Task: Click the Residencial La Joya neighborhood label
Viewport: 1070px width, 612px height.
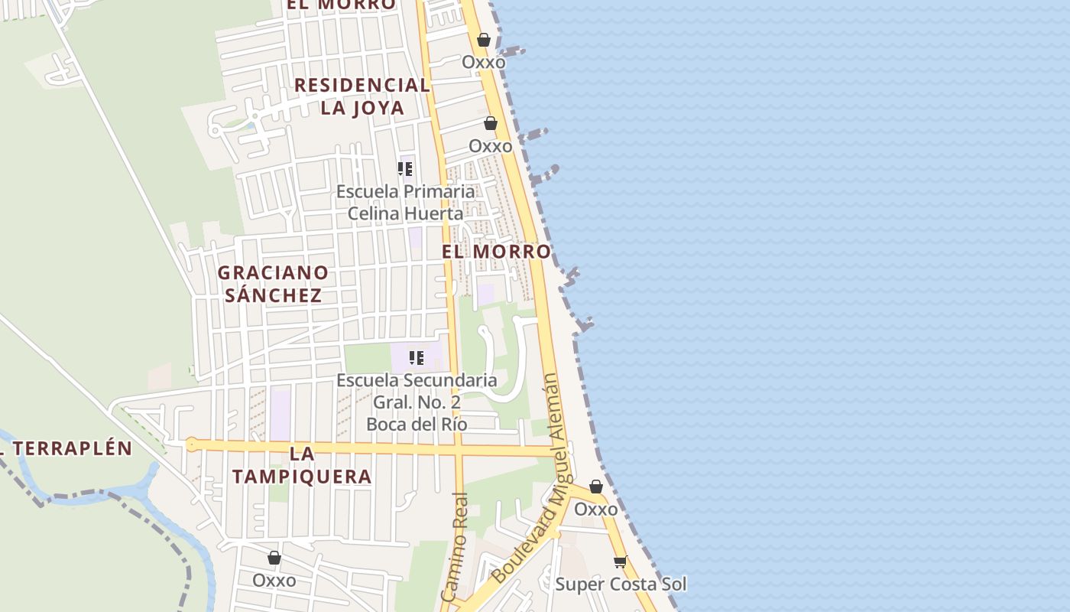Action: [x=362, y=96]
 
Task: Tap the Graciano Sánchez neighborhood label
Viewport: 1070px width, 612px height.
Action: [x=273, y=284]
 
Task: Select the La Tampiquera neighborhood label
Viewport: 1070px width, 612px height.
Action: [x=302, y=465]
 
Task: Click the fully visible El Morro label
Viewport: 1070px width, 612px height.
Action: [x=496, y=251]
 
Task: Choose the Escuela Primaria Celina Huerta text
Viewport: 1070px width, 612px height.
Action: [x=406, y=202]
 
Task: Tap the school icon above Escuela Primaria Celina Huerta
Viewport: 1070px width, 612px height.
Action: [x=405, y=168]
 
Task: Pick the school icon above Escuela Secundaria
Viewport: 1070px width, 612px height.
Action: [x=417, y=357]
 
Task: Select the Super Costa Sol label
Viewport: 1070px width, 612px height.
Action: [x=621, y=584]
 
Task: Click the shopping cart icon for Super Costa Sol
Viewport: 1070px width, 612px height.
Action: [x=621, y=562]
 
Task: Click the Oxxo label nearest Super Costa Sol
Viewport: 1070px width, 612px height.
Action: [x=595, y=509]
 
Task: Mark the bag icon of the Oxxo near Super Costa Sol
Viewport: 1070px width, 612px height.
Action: [x=596, y=487]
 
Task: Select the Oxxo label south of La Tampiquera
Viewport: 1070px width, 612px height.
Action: [x=274, y=580]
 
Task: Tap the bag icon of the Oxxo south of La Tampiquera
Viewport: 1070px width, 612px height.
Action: [x=274, y=558]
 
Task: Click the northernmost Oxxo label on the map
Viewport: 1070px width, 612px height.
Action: [x=483, y=62]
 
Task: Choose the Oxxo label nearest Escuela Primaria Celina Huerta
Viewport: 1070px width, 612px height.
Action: [x=490, y=145]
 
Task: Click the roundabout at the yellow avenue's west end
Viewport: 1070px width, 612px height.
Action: [x=191, y=444]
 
